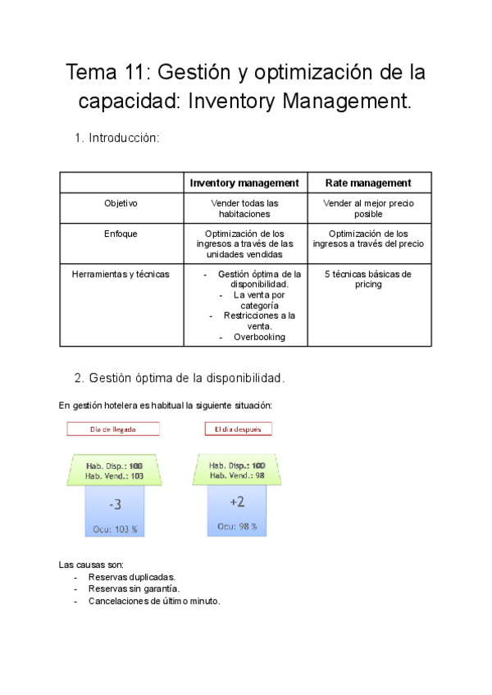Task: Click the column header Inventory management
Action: (244, 183)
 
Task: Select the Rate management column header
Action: (368, 183)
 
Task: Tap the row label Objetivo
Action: (121, 202)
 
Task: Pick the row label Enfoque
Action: (121, 234)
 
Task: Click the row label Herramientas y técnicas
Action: (121, 274)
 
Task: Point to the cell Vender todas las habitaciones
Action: (244, 208)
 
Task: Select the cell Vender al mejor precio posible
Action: (368, 208)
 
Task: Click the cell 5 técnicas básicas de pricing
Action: (368, 279)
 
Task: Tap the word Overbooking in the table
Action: (259, 337)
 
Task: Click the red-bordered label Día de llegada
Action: (113, 429)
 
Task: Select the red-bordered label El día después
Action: (238, 429)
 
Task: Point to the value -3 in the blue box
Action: (115, 506)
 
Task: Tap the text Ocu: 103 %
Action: (115, 529)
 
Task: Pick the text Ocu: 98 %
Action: (238, 526)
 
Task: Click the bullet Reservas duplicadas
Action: (131, 577)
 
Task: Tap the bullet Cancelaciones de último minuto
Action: (154, 601)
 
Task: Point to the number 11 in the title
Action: (136, 73)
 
